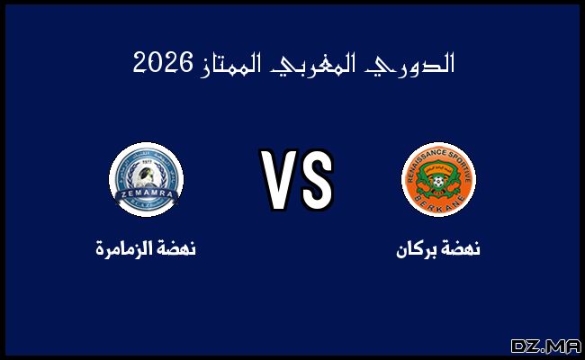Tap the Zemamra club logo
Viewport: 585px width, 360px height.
point(146,177)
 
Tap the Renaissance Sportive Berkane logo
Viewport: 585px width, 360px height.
point(438,177)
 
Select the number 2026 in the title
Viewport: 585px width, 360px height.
point(164,64)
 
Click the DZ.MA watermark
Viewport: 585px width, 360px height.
point(544,346)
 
